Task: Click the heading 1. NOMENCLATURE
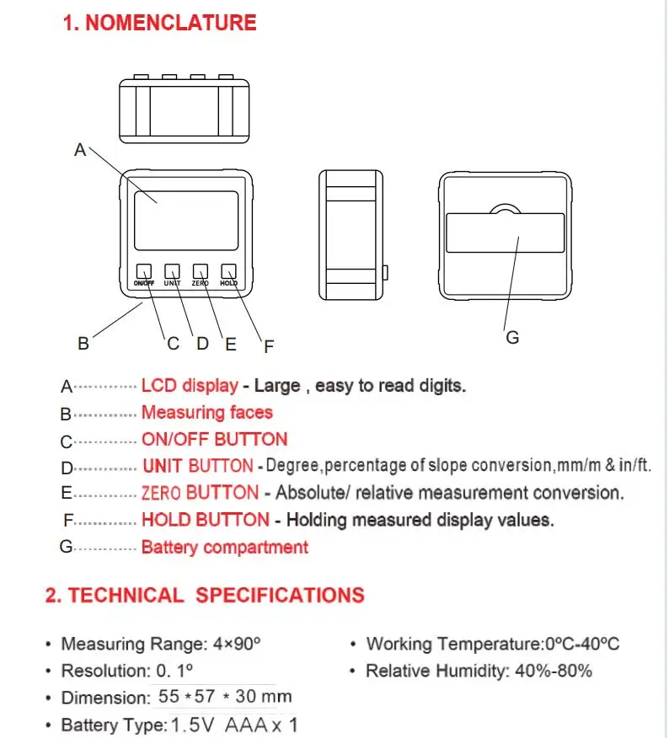point(160,23)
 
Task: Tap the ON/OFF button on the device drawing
point(144,271)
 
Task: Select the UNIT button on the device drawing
point(172,271)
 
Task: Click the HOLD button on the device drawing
point(228,271)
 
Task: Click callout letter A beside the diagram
point(80,151)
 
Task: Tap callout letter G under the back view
point(512,338)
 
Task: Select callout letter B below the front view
point(83,344)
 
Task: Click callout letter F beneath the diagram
point(269,345)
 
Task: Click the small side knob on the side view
point(384,272)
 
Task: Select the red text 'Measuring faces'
point(207,413)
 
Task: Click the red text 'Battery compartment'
point(225,548)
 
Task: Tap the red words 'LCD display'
point(190,386)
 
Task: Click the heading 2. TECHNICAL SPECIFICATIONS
point(205,596)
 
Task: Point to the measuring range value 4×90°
point(236,644)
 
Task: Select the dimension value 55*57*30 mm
point(225,697)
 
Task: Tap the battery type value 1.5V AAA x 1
point(234,725)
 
